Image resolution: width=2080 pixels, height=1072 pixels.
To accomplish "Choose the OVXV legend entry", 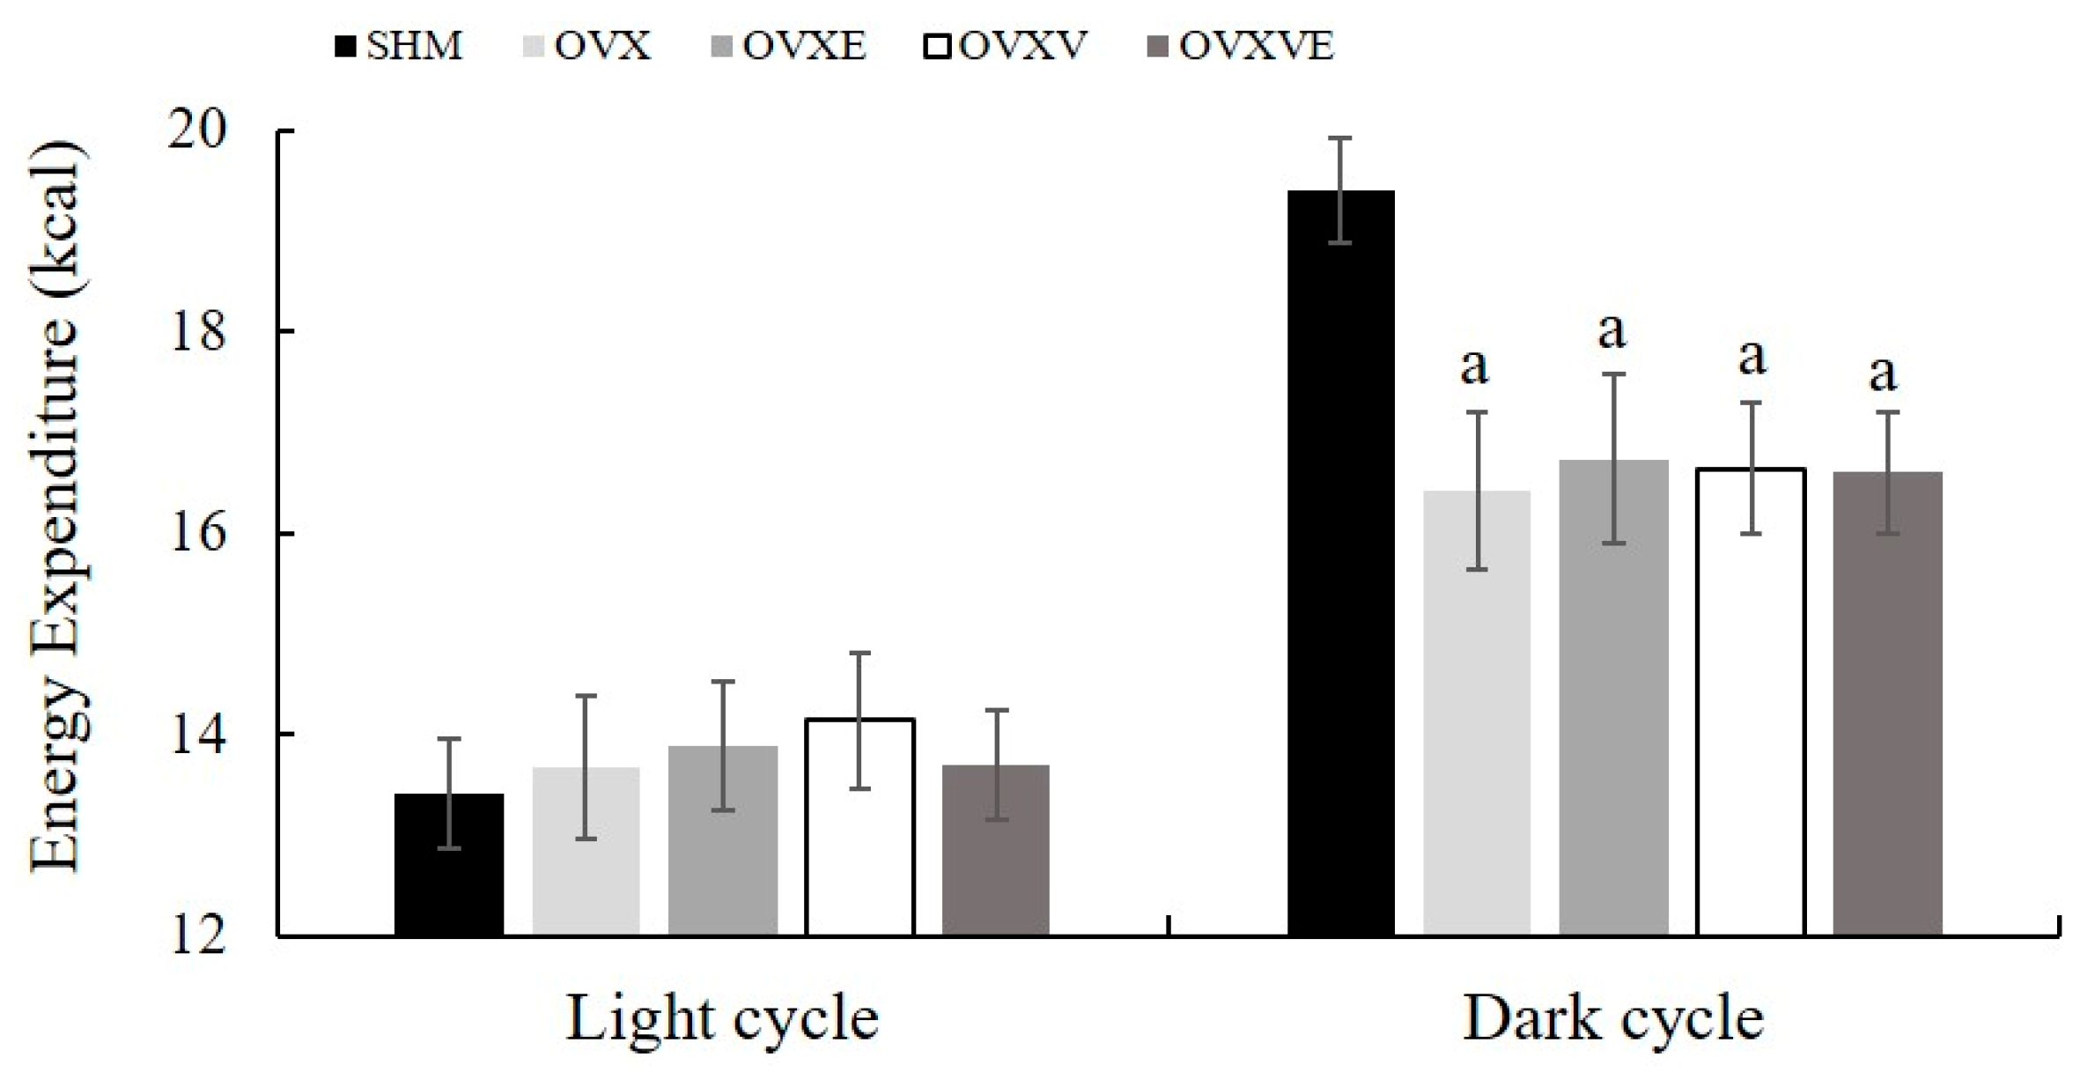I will pos(1006,46).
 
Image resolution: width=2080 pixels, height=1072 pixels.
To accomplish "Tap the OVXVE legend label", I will pos(1243,46).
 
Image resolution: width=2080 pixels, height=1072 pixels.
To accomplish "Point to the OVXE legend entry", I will pos(789,46).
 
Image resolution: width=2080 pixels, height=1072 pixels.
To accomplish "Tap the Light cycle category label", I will pos(722,1019).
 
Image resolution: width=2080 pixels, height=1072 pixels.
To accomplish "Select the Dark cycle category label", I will pos(1613,1019).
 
